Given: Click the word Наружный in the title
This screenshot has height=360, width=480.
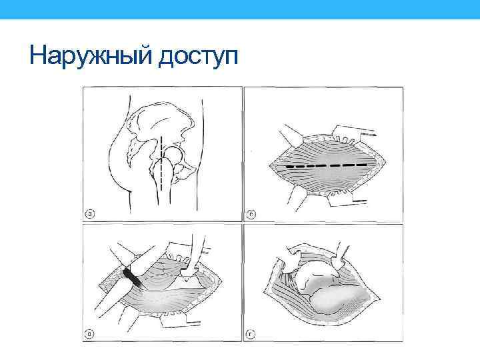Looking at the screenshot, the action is (91, 55).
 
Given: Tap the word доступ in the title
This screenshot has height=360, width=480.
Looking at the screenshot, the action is (198, 56).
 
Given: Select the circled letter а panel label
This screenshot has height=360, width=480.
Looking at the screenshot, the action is (90, 213).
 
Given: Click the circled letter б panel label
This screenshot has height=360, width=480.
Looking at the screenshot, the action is (251, 214).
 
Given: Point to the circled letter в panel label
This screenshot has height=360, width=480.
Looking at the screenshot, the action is (89, 334).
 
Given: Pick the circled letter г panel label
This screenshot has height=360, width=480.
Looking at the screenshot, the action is (251, 334).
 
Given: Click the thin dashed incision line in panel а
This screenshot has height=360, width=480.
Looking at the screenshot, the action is (161, 163).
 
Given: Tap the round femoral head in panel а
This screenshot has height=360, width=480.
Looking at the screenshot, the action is (173, 155).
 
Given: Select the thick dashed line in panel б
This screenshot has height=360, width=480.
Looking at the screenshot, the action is (326, 166).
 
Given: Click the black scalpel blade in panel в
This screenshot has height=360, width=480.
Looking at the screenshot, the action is (132, 278).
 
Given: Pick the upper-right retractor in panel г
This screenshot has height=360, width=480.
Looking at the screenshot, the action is (339, 257).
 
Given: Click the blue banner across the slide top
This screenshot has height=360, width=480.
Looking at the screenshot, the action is (240, 9).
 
